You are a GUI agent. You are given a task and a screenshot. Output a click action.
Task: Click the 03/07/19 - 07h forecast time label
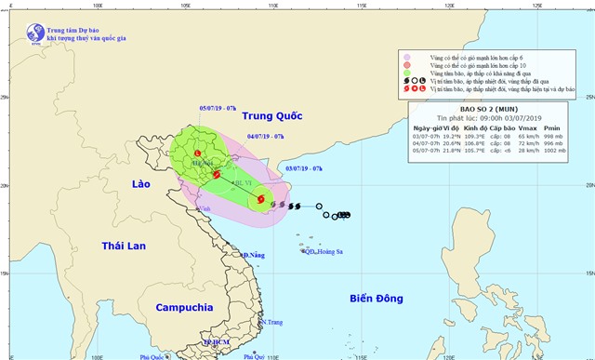[304, 167]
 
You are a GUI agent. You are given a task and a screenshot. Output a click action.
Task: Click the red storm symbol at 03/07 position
[260, 198]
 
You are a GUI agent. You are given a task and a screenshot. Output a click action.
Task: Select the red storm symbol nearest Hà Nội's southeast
[216, 174]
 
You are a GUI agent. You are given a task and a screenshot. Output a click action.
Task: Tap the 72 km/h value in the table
[529, 144]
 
